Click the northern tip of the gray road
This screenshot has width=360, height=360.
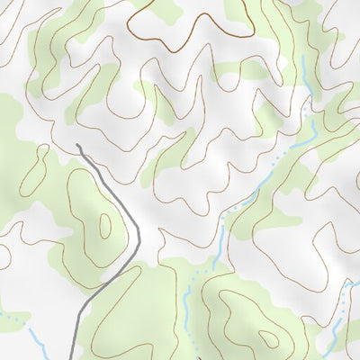tap(78, 146)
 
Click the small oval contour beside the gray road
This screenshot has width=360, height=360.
tap(105, 224)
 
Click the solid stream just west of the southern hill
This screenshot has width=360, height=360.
tap(187, 310)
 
